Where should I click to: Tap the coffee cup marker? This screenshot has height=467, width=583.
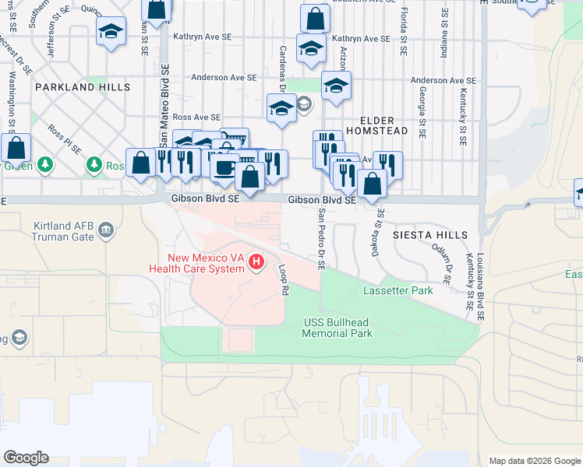tap(225, 167)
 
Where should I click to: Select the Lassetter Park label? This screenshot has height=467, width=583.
tap(397, 290)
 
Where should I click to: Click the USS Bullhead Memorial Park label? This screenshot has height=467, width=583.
tap(337, 328)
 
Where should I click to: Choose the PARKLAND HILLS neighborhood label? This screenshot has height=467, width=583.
tap(82, 88)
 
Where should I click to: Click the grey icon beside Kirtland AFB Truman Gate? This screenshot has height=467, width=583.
tap(106, 230)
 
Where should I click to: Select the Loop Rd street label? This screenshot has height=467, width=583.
tap(284, 278)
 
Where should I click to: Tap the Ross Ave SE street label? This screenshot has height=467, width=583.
tap(182, 116)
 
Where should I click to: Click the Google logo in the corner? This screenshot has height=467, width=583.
tap(26, 458)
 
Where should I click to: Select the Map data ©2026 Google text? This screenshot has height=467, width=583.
tap(534, 461)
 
